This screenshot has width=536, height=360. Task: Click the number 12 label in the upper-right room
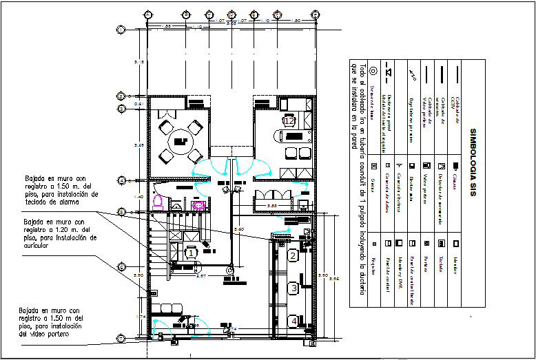[289, 121]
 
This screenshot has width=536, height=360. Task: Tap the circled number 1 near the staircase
[191, 253]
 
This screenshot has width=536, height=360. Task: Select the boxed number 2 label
[292, 256]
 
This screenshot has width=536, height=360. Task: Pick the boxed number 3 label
[292, 288]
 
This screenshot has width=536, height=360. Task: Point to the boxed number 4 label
[292, 320]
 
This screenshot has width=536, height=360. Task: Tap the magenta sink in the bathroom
[198, 204]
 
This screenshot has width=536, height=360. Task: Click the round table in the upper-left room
[181, 142]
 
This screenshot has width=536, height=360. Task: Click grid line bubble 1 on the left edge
[121, 29]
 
